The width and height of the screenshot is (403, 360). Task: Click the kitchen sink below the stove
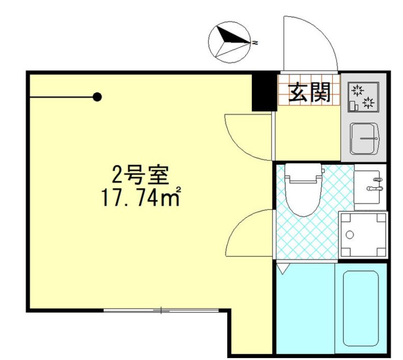coord(364,138)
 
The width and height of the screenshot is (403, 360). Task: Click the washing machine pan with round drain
coord(362,234)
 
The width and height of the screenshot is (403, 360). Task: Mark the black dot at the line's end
coord(98,97)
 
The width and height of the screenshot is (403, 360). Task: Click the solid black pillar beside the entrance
coord(264,92)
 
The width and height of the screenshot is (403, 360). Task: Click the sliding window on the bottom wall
coord(161,310)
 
